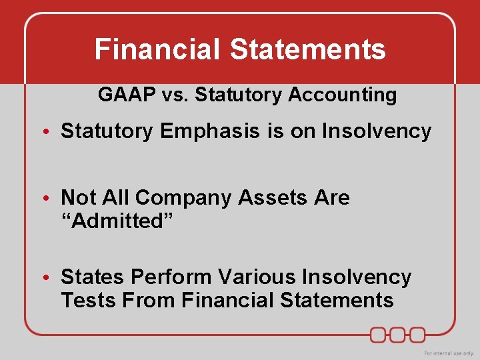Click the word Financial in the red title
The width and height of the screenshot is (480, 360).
(157, 49)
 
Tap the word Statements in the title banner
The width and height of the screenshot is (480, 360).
(308, 49)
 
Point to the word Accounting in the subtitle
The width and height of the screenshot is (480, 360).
(342, 95)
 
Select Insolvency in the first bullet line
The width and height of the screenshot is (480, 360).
(377, 131)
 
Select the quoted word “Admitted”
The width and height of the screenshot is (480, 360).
(117, 221)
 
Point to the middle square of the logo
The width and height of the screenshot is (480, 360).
(399, 334)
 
